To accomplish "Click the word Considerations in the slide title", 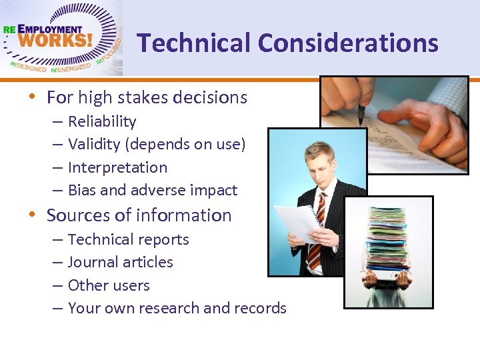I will [348, 43].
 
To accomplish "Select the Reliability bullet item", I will [102, 121].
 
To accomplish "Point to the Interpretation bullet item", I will [117, 167].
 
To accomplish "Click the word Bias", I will [82, 190].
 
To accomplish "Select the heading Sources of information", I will [139, 215].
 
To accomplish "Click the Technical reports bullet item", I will [128, 239].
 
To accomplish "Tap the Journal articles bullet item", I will [120, 262].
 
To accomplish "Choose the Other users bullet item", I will [109, 285].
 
